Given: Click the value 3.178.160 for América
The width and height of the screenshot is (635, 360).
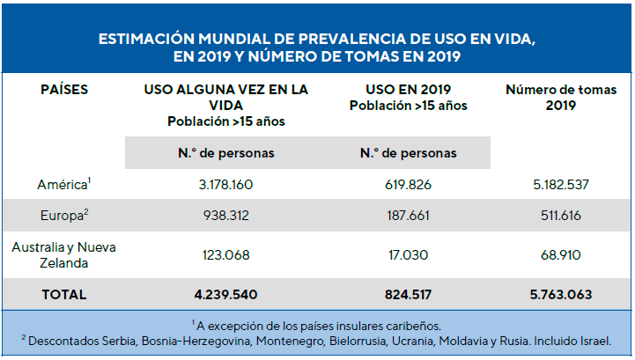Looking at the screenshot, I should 225,185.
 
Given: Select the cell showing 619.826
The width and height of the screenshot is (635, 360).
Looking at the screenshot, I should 409,185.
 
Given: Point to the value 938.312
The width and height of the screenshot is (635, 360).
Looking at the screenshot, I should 225,216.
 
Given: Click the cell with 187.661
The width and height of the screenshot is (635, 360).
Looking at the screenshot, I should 409,216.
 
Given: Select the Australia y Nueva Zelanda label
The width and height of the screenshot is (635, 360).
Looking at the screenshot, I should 63,255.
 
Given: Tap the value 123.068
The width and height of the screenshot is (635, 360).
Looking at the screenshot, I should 225,255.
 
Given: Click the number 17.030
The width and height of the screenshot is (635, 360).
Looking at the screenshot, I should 409,255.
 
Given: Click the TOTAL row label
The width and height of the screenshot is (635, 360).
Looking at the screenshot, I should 63,295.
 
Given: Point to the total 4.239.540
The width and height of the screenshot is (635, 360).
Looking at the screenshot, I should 225,295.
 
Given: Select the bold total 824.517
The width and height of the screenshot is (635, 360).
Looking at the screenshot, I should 409,295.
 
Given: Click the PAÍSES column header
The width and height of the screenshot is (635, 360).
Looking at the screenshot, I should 64,90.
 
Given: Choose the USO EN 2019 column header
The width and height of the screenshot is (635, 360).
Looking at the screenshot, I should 409,90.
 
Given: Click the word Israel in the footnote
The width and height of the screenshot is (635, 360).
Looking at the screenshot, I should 593,340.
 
